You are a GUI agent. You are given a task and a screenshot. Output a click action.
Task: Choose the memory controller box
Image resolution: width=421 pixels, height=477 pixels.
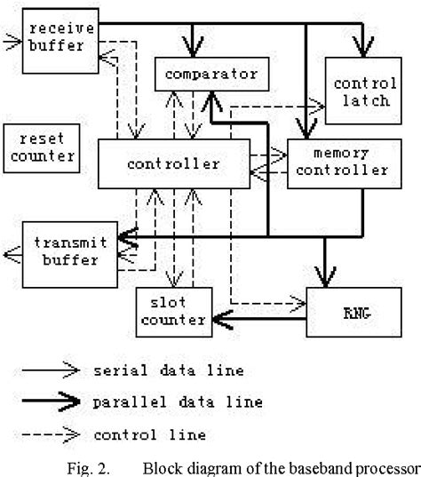(339, 163)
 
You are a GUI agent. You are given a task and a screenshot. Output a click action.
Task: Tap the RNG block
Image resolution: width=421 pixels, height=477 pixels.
(347, 313)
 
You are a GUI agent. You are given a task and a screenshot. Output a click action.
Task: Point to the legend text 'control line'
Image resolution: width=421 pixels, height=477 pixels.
(149, 434)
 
